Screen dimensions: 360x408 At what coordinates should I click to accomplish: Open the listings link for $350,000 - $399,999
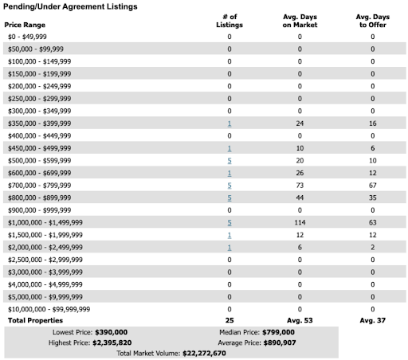pos(229,123)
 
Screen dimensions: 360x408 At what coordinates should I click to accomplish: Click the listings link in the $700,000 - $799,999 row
pos(229,185)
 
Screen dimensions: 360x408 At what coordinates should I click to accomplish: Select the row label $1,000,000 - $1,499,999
pos(49,223)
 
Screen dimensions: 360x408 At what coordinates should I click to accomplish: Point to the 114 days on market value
pos(300,223)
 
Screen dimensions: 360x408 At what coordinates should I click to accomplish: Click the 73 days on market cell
pos(300,185)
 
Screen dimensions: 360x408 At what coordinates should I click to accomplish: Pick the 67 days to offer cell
pos(373,185)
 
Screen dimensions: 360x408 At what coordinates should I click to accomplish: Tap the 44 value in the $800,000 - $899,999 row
pos(300,198)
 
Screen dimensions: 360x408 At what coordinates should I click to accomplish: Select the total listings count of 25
pos(229,319)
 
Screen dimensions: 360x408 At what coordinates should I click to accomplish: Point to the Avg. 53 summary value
pos(300,319)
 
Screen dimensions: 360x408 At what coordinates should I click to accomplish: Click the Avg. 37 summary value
pos(373,319)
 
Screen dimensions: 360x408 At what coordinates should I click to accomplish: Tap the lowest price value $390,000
pos(111,331)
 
